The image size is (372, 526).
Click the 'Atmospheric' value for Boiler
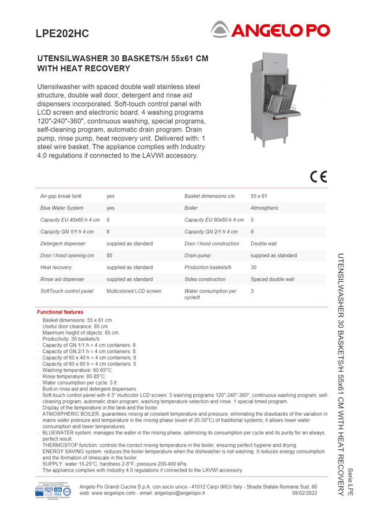click(265, 208)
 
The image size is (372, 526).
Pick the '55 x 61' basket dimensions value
click(259, 196)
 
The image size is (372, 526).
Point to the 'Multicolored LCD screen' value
click(133, 291)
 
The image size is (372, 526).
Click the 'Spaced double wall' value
click(272, 279)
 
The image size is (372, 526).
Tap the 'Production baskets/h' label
click(208, 268)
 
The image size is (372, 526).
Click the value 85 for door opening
click(109, 256)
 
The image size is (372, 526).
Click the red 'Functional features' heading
click(60, 312)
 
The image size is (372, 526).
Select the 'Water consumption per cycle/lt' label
click(210, 294)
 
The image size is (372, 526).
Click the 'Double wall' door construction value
click(263, 244)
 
